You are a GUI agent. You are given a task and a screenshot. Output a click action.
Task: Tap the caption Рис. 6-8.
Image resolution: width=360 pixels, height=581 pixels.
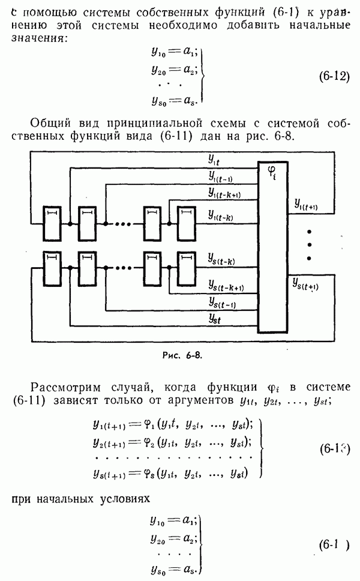(179, 355)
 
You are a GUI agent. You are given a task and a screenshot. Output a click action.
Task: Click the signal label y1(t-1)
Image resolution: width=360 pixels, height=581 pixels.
(222, 176)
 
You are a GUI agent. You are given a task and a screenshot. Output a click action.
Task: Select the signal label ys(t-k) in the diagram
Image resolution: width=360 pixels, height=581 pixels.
(222, 262)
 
